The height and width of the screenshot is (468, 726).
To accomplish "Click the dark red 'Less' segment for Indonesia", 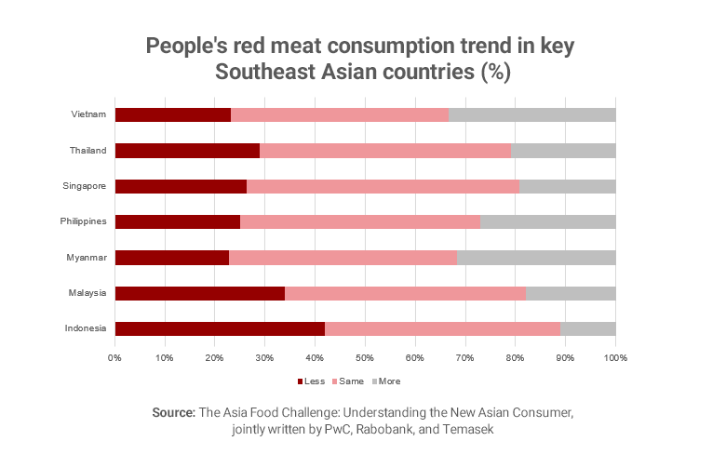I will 220,328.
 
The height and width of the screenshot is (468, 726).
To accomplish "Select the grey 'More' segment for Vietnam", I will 531,114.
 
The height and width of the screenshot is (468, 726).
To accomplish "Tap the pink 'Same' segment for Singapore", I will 383,186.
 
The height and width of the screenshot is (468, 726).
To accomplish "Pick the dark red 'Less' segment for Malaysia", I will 199,293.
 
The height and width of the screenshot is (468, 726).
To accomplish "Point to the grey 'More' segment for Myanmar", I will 536,258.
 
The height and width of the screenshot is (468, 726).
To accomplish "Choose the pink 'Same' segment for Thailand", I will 385,151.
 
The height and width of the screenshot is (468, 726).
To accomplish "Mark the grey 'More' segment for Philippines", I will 547,221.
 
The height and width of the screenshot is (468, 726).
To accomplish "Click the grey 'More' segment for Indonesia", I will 587,328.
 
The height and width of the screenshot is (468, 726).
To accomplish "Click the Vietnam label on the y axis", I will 88,114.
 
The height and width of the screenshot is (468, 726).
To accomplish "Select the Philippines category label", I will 85,221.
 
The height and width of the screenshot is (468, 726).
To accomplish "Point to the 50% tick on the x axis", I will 365,357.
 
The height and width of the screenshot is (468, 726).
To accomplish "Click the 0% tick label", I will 114,357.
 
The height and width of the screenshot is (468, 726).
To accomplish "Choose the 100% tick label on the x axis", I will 615,357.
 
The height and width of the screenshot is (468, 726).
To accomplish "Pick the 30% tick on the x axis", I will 264,357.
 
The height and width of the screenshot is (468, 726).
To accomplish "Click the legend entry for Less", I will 312,381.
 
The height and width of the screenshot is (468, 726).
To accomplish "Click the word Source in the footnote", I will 173,412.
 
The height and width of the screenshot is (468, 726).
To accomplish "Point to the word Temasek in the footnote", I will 467,430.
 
